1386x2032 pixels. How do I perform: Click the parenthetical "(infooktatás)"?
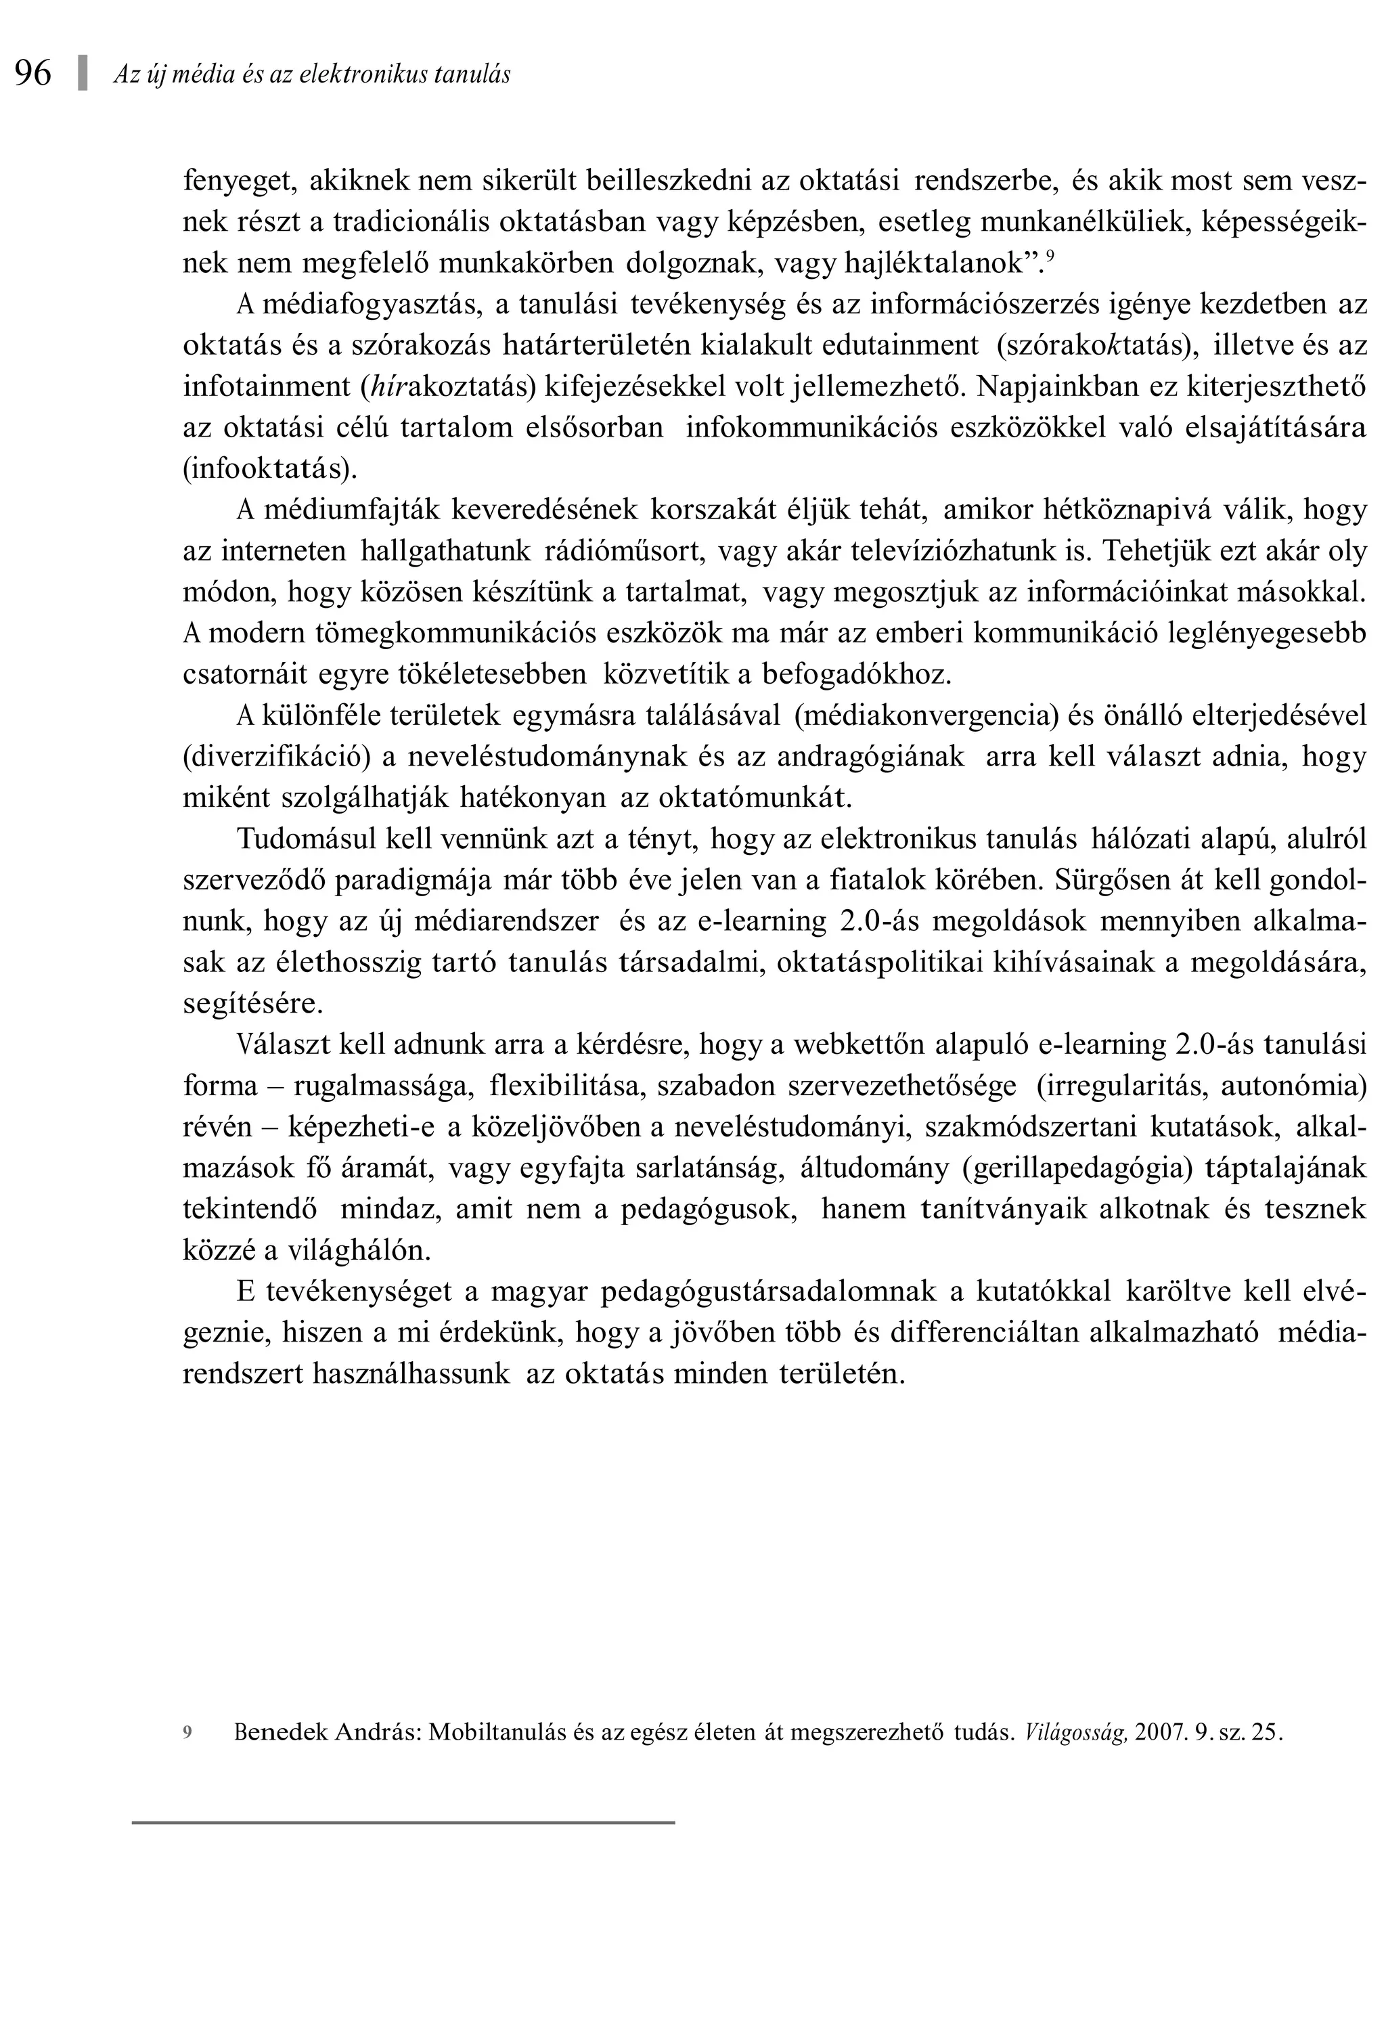tap(270, 470)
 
